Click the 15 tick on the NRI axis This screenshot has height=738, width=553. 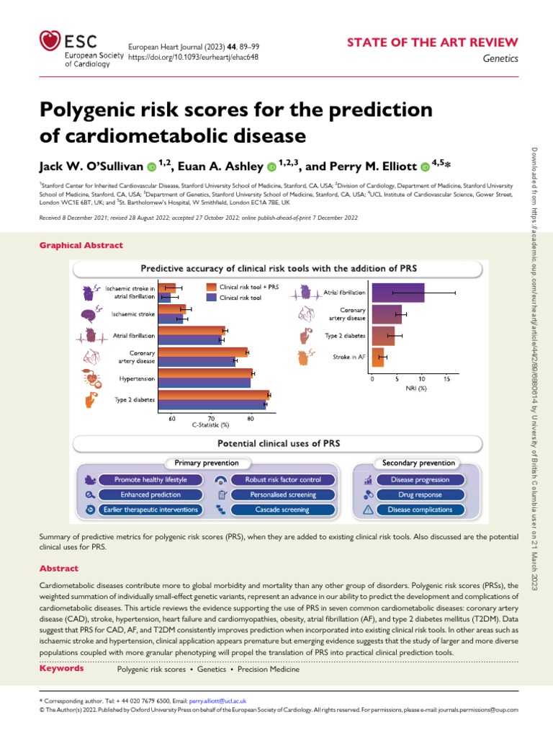pos(447,378)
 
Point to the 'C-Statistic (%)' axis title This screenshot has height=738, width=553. pos(210,425)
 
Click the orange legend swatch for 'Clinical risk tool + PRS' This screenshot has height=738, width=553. pos(210,287)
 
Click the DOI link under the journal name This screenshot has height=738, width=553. pos(193,57)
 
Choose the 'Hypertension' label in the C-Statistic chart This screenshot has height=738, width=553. pos(135,378)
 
